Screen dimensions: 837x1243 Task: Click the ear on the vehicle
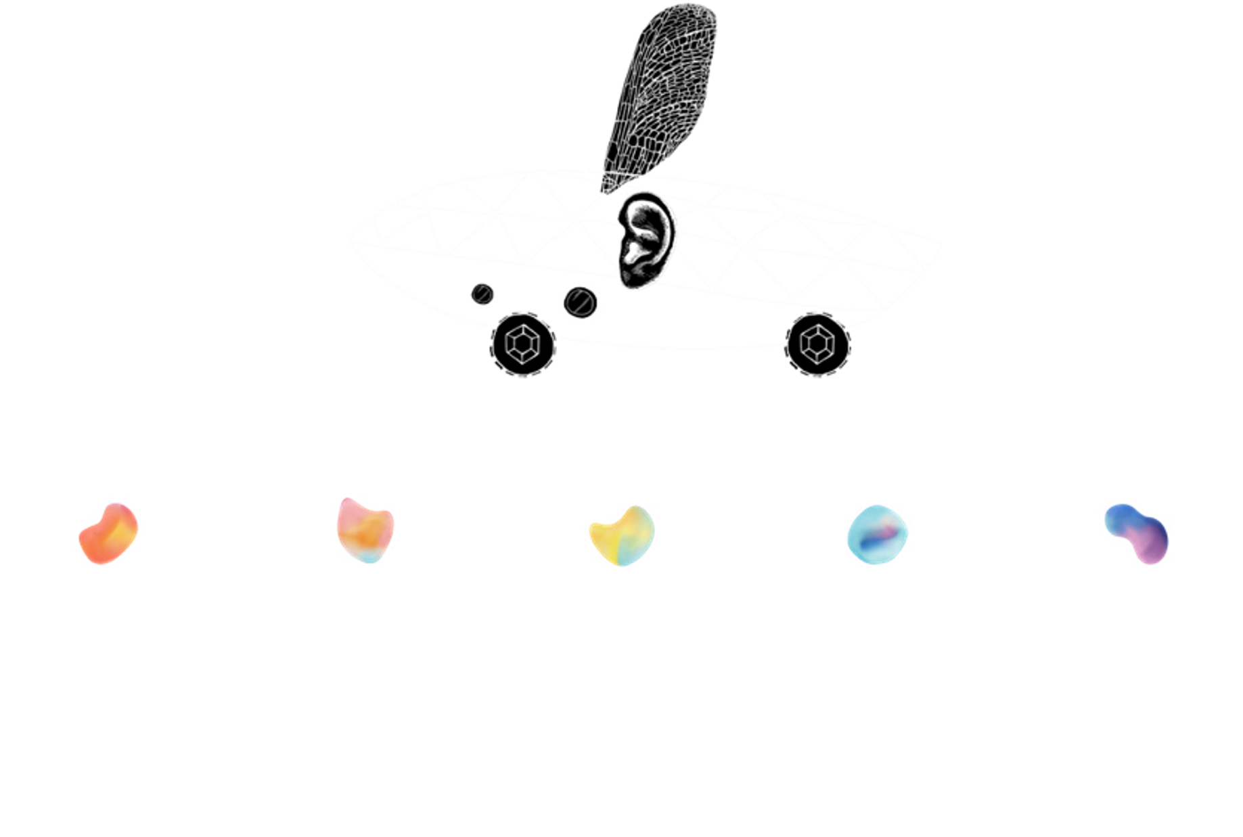point(645,240)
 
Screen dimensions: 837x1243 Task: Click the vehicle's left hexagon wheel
point(522,344)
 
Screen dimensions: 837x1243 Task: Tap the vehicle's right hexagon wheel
point(817,344)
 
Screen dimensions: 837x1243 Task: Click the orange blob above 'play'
point(108,533)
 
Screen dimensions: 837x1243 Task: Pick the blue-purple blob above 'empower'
point(1136,533)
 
